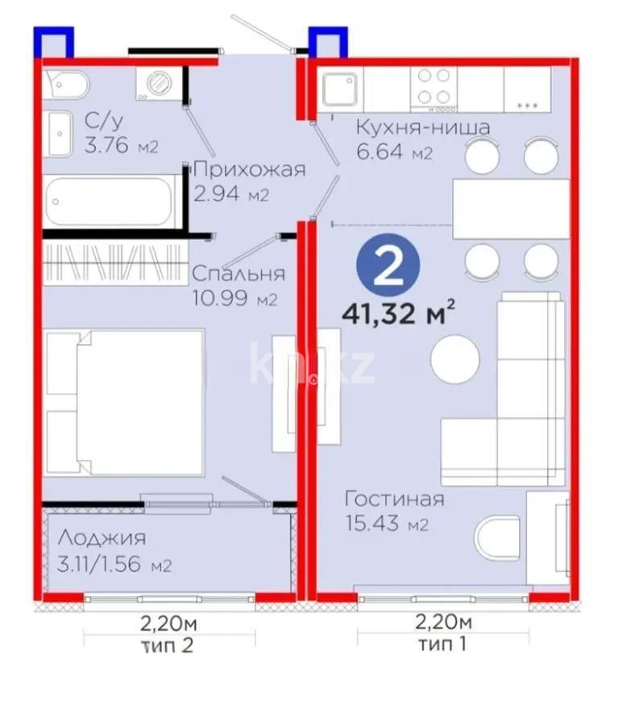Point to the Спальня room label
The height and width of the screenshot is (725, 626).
[238, 274]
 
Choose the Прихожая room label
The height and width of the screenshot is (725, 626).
[250, 169]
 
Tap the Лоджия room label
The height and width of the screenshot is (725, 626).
[101, 538]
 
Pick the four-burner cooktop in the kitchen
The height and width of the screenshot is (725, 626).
[433, 88]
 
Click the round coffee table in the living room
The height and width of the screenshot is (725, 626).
[455, 358]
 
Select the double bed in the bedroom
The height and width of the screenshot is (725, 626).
[126, 402]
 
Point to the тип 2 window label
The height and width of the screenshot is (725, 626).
[168, 643]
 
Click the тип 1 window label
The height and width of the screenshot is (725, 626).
[443, 643]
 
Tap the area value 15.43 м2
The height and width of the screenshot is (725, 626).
[386, 525]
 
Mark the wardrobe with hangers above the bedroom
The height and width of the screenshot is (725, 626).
[110, 261]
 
